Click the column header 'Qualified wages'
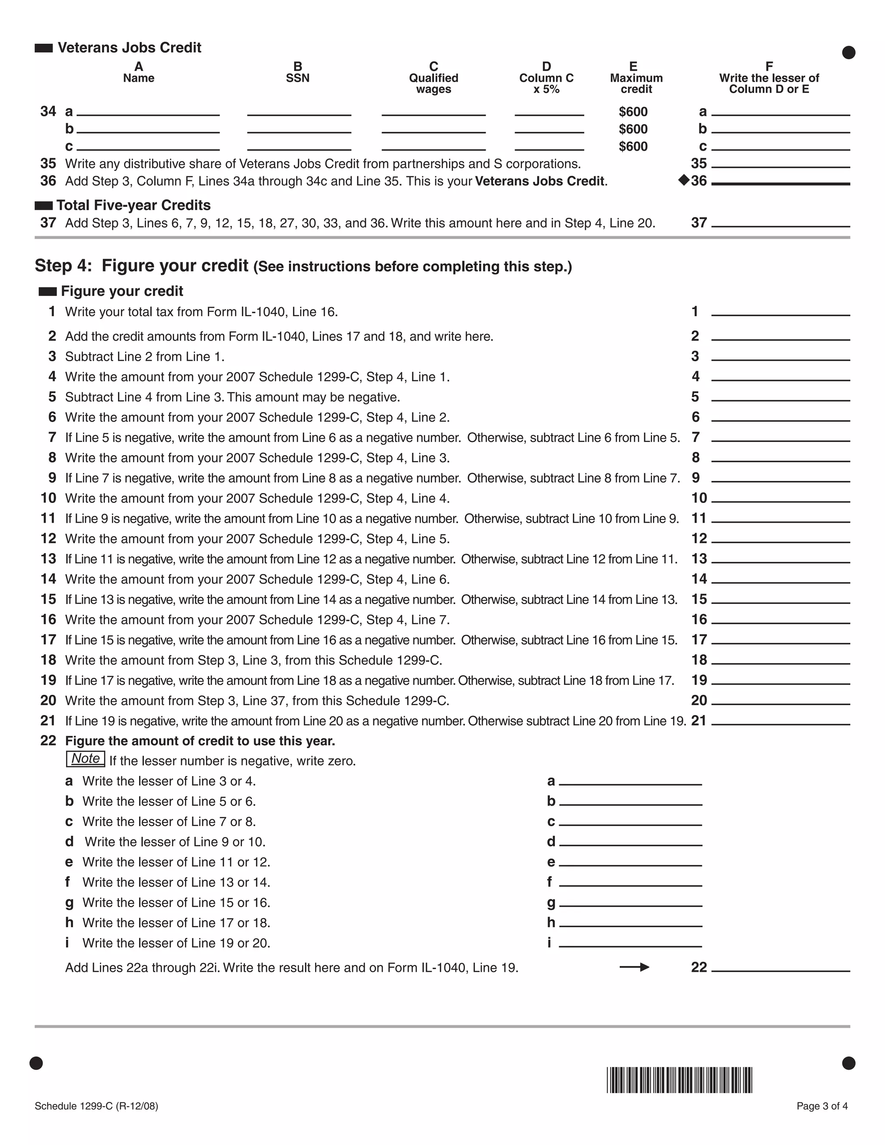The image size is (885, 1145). click(x=433, y=83)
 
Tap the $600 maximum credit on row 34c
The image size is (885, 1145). click(x=633, y=146)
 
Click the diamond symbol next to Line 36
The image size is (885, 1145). click(x=683, y=180)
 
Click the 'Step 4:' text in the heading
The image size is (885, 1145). click(x=63, y=266)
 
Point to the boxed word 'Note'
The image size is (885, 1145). click(x=86, y=759)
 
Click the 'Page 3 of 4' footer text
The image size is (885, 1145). click(x=821, y=1106)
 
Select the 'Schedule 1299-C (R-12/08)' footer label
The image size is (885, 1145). click(x=96, y=1106)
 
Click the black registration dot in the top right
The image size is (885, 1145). click(x=848, y=52)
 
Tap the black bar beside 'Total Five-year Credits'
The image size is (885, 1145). click(x=44, y=205)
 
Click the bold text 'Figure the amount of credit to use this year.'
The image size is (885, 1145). click(x=200, y=741)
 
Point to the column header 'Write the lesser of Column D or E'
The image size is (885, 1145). click(x=769, y=83)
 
